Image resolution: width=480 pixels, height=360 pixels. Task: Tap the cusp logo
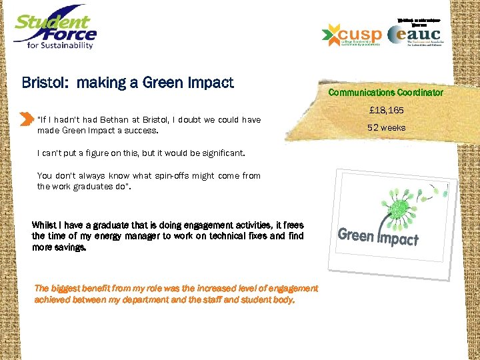pyautogui.click(x=351, y=35)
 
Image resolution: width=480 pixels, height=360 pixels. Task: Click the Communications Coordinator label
pyautogui.click(x=385, y=93)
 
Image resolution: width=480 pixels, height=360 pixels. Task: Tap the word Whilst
pyautogui.click(x=45, y=225)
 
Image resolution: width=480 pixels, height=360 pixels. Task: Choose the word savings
pyautogui.click(x=72, y=247)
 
